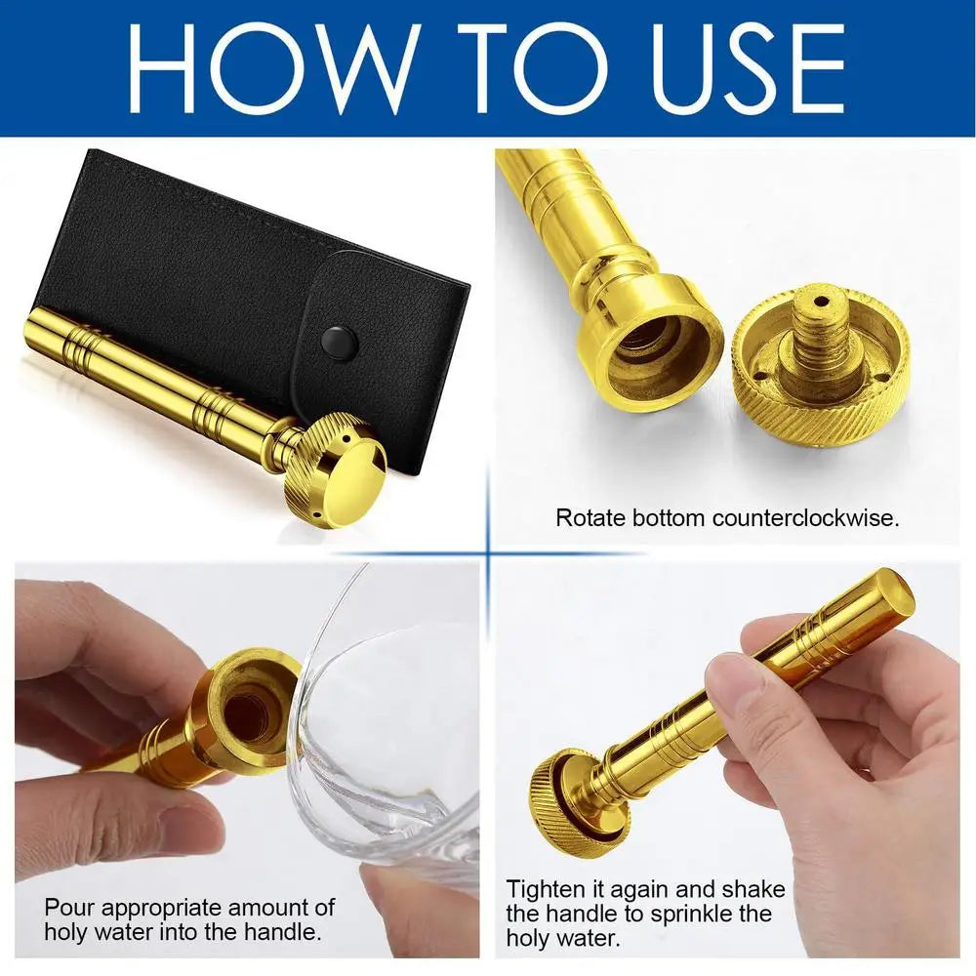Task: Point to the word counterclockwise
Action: [805, 518]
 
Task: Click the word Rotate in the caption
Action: [590, 518]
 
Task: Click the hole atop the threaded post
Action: [818, 302]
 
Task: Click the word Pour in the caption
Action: [69, 908]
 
